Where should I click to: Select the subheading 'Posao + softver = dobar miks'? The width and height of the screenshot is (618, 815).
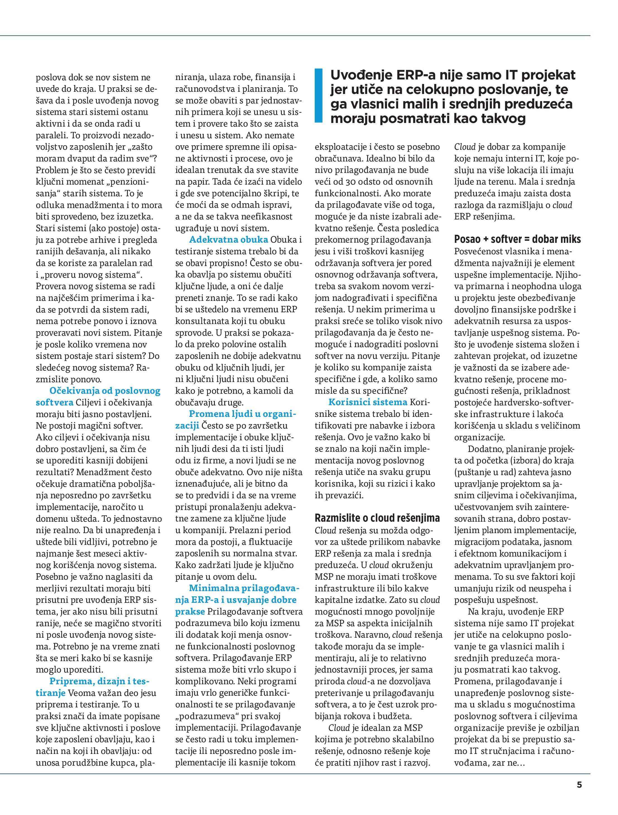(517, 240)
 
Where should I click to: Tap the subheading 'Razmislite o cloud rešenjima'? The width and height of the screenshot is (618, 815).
(377, 518)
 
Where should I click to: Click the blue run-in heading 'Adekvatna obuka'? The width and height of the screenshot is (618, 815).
(229, 240)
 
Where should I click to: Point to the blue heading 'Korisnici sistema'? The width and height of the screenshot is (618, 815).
(368, 402)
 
